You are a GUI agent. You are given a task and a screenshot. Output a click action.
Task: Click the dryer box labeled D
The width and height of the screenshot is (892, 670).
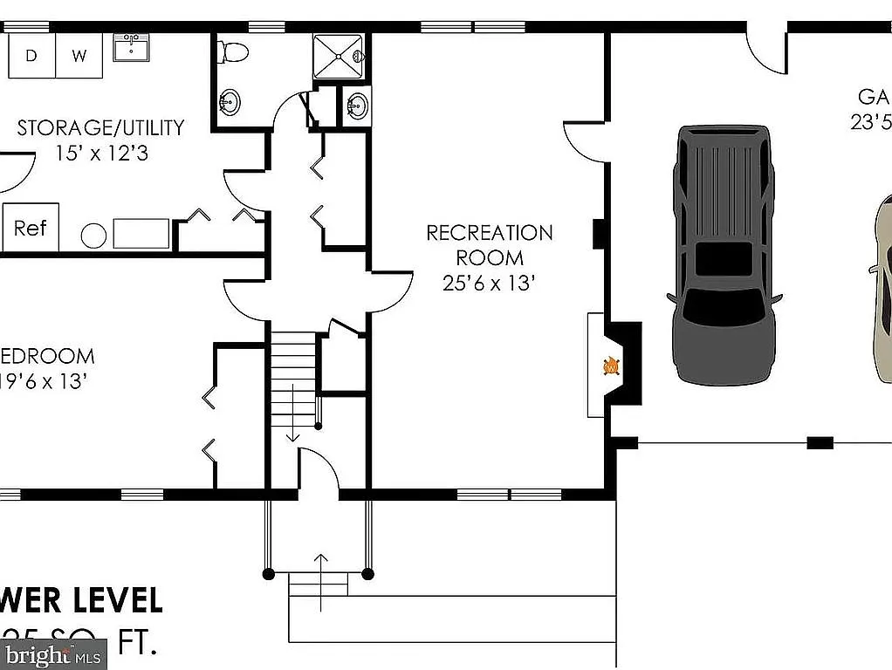pos(31,56)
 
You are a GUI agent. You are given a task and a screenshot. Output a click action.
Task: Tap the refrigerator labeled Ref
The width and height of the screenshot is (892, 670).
pos(30,228)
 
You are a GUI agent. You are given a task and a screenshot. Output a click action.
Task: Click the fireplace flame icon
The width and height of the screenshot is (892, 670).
pos(612,366)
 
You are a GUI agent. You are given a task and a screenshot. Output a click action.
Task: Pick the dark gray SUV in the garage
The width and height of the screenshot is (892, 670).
pos(724,255)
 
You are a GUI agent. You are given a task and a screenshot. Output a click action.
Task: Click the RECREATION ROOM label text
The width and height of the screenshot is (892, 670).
pos(489,245)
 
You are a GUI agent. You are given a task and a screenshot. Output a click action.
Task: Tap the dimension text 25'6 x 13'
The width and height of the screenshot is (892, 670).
pos(488,284)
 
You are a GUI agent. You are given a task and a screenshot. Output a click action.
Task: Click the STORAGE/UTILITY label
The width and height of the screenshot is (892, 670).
pos(101,128)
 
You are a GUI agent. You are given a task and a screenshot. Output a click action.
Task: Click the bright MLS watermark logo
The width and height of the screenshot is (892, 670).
pos(52,653)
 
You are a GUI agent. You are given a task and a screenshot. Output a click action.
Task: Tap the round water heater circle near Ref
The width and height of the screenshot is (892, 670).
pos(94,235)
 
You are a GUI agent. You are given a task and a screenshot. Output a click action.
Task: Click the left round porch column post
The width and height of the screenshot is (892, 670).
pos(269,574)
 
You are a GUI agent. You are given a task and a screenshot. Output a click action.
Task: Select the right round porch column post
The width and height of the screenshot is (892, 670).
pos(367,574)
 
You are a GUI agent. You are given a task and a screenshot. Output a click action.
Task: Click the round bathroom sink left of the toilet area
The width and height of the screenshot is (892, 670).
pos(229,103)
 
